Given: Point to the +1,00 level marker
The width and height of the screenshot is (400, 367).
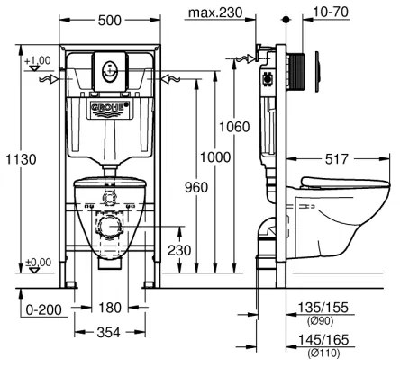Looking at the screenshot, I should pos(38,61).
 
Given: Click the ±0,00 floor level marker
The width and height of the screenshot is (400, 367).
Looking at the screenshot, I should pos(38,263).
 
